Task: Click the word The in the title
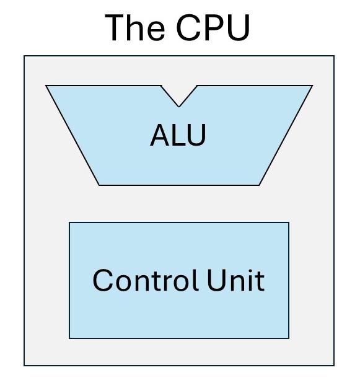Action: pos(135,27)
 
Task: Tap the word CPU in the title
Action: pos(213,27)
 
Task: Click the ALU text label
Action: pos(178,135)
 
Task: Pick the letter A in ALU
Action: pos(160,135)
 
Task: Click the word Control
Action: pos(146,280)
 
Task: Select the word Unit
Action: pos(236,280)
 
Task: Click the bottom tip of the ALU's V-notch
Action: pos(179,107)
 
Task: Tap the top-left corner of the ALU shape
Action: pos(46,86)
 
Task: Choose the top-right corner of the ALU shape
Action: pos(312,86)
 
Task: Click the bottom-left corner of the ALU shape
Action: pos(99,185)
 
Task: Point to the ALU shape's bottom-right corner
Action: pos(259,185)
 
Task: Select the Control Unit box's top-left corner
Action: pos(69,223)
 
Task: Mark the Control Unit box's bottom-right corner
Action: pos(289,338)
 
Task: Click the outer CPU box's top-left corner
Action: pos(24,56)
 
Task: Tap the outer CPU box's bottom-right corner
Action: pos(334,366)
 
